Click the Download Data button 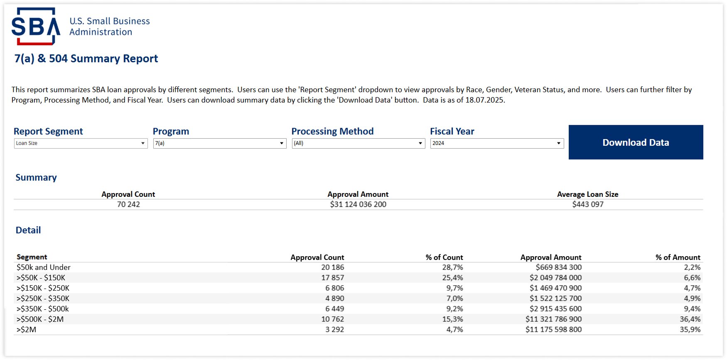point(636,142)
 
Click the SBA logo point(36,27)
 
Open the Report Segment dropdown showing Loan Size point(81,143)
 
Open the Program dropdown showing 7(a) point(219,143)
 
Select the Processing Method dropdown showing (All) point(358,143)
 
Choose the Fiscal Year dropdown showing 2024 point(497,143)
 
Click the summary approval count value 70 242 point(128,204)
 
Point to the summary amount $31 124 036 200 point(358,204)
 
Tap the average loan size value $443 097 point(588,204)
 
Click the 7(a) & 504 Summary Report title point(86,59)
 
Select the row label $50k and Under point(44,267)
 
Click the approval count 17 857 point(332,278)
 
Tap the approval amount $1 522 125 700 point(555,299)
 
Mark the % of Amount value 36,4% point(690,319)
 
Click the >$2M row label point(27,330)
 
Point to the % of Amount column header point(678,257)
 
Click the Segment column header point(32,257)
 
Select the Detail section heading point(28,230)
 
